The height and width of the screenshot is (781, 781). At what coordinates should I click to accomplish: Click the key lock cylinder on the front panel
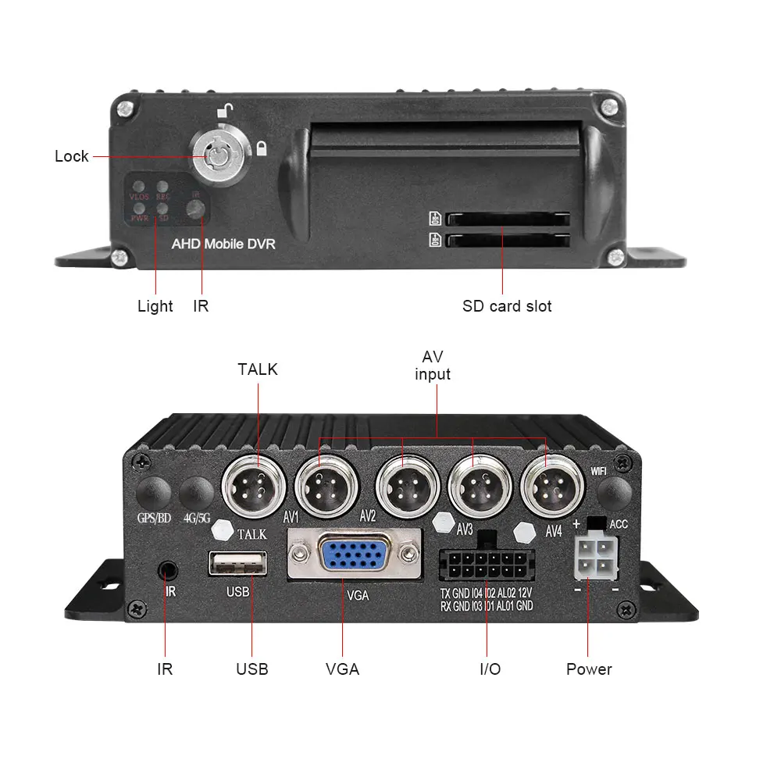[212, 155]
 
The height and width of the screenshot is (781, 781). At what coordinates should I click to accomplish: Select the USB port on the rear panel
[237, 563]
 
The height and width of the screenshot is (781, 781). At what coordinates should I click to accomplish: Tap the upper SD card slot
[507, 220]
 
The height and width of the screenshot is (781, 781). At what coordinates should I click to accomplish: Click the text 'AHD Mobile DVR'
[223, 244]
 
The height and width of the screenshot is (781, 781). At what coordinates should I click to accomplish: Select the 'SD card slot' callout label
[507, 306]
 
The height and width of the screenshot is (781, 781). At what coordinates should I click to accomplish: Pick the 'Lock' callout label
[72, 156]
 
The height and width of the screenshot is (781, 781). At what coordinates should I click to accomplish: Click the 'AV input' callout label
[433, 366]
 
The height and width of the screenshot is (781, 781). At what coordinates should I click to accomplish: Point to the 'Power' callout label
[589, 669]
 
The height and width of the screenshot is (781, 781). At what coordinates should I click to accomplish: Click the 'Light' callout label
[155, 306]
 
